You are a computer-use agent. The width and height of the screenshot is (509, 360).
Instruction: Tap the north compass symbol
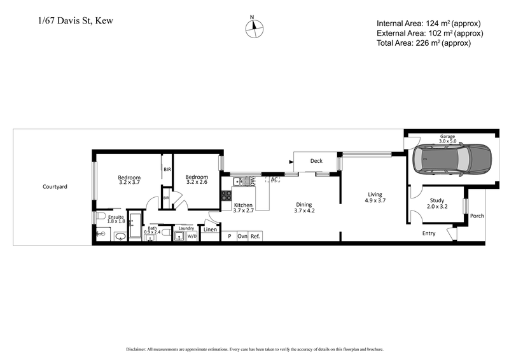pyautogui.click(x=254, y=27)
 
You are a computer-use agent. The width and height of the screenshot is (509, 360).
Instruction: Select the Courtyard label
pyautogui.click(x=55, y=187)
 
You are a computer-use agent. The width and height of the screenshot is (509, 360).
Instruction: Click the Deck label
pyautogui.click(x=316, y=161)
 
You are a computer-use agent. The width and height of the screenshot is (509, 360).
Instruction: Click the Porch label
pyautogui.click(x=477, y=216)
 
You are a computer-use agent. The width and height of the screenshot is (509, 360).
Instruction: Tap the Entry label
pyautogui.click(x=429, y=233)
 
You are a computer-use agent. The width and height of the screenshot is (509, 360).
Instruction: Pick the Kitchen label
pyautogui.click(x=244, y=205)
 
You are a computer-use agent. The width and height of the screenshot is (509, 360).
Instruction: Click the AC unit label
pyautogui.click(x=274, y=180)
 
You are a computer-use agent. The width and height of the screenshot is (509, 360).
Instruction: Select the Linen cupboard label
pyautogui.click(x=210, y=230)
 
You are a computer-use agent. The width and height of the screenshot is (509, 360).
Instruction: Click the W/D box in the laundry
pyautogui.click(x=192, y=236)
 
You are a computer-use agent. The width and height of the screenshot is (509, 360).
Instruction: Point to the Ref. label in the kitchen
pyautogui.click(x=255, y=236)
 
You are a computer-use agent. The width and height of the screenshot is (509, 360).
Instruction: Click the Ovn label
pyautogui.click(x=242, y=236)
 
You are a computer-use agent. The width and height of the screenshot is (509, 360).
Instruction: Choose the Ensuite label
pyautogui.click(x=116, y=217)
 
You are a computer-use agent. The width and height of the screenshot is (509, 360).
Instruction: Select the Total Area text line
pyautogui.click(x=424, y=43)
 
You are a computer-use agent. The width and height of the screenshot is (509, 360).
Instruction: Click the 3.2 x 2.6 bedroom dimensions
pyautogui.click(x=197, y=183)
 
